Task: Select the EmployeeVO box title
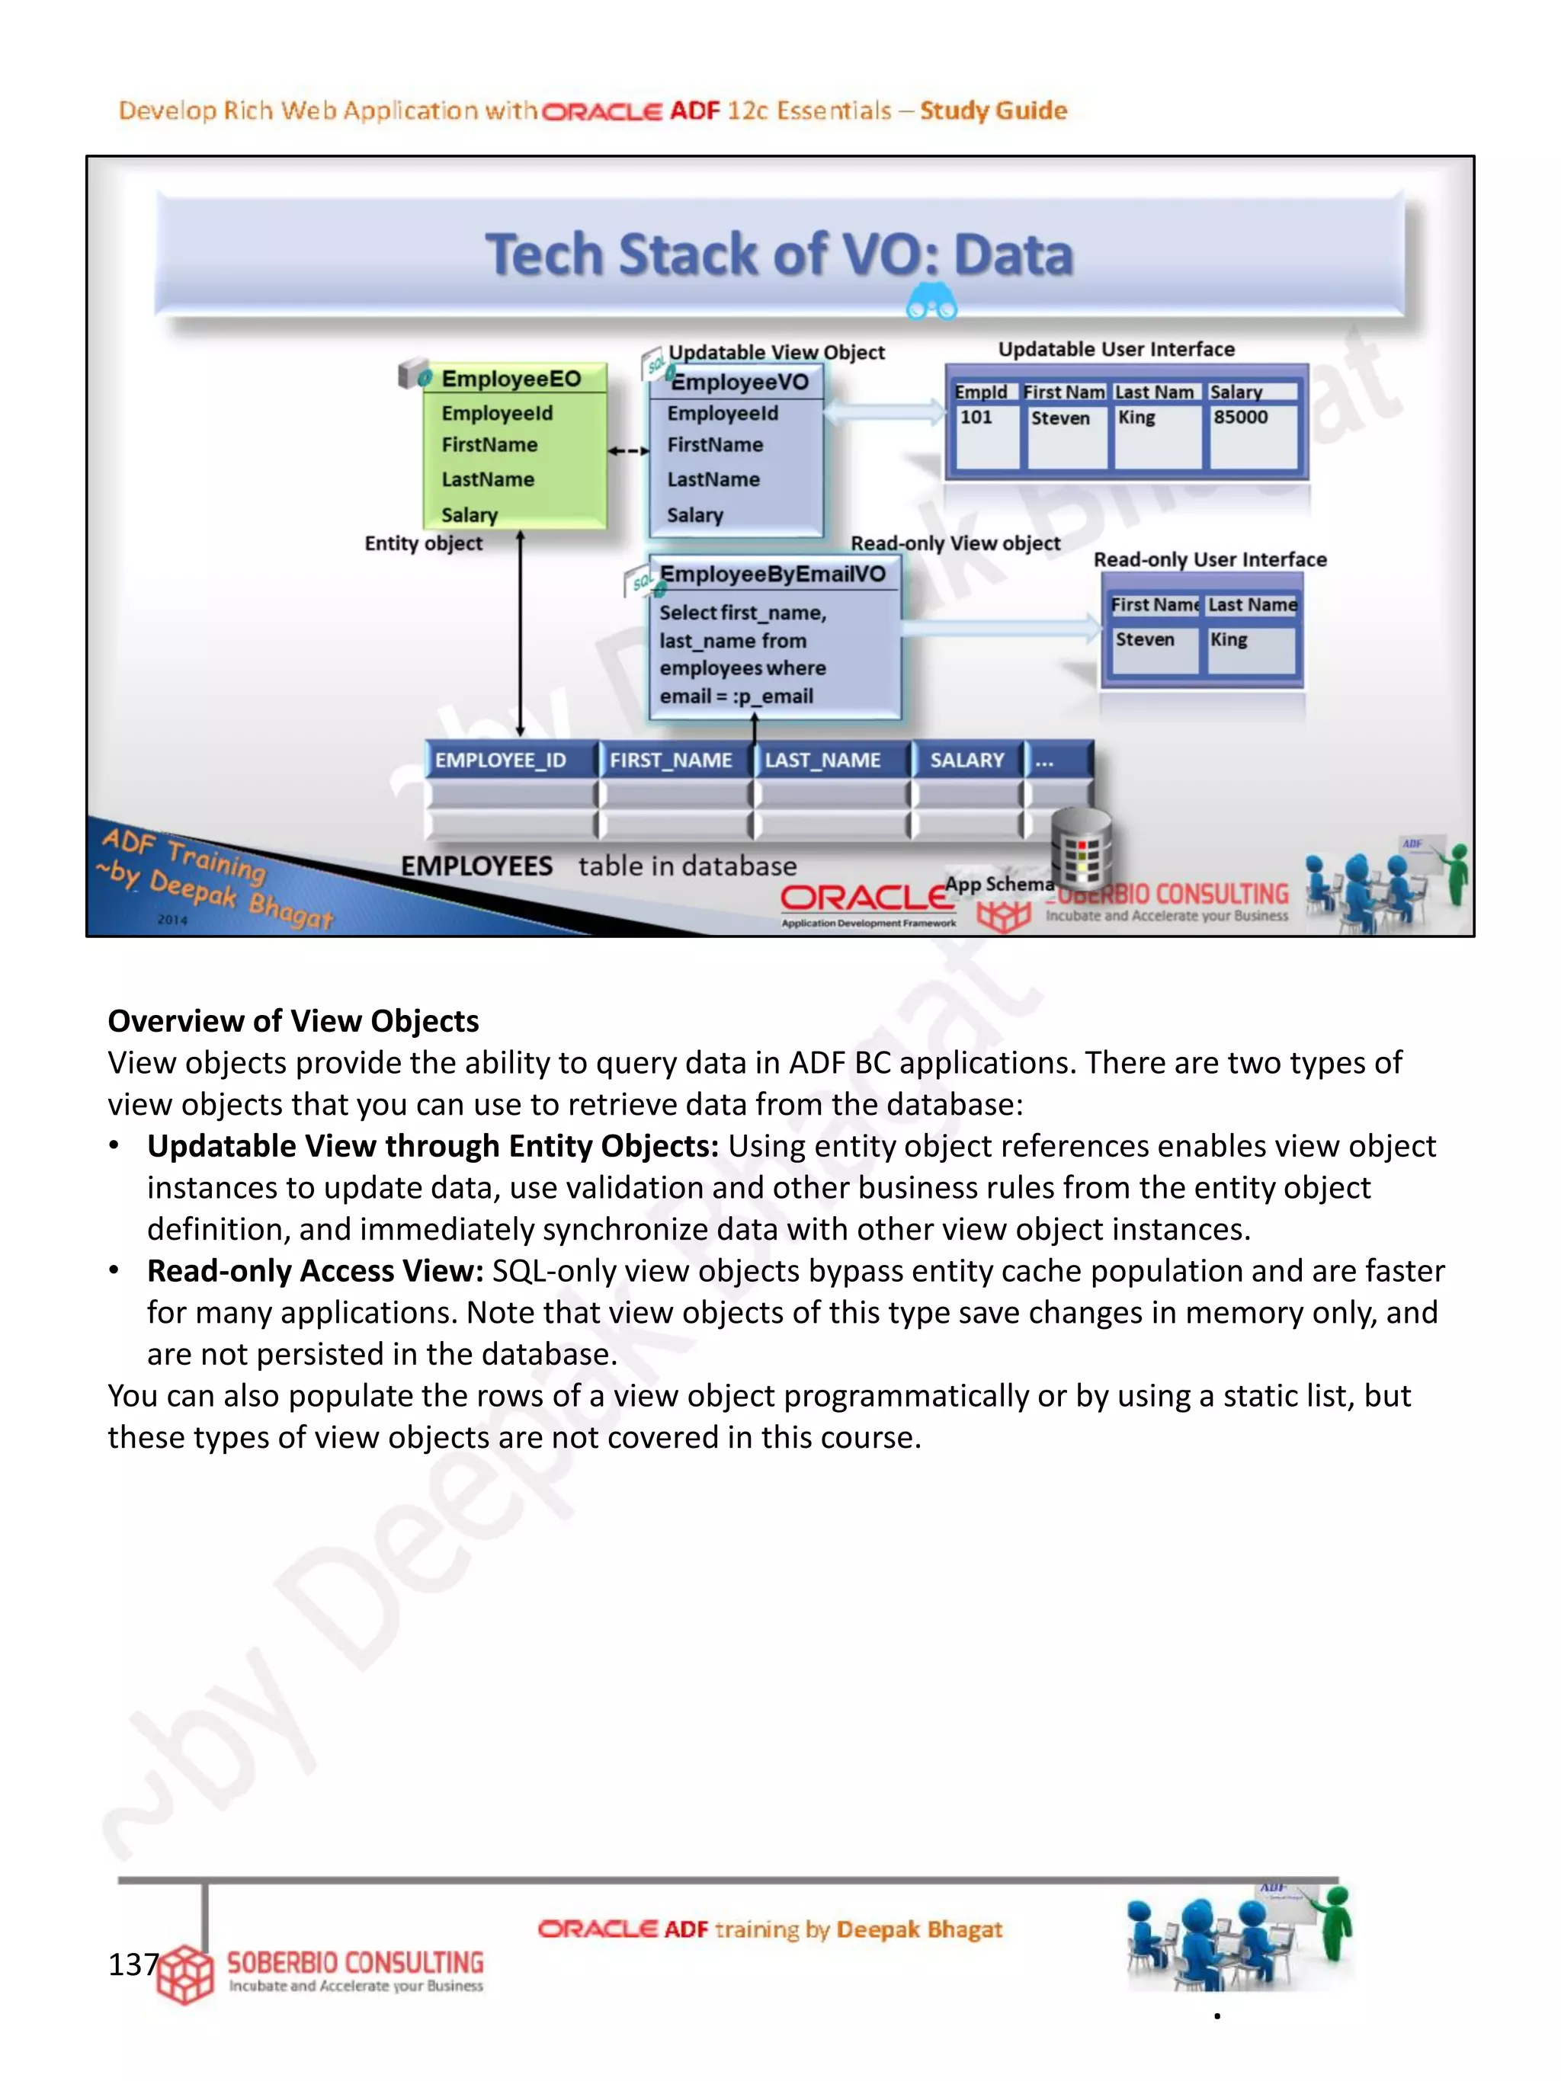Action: click(x=739, y=382)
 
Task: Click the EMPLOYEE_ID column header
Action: click(x=501, y=760)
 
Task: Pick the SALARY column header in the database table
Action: click(x=967, y=760)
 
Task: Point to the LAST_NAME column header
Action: click(x=822, y=760)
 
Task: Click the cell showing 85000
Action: click(x=1240, y=417)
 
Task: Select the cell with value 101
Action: click(x=976, y=417)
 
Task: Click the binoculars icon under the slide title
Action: click(x=931, y=303)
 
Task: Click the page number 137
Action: click(x=133, y=1964)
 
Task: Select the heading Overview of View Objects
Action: click(x=293, y=1021)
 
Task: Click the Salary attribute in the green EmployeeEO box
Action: click(x=470, y=514)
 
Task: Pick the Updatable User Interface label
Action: click(x=1116, y=349)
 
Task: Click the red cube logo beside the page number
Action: click(x=184, y=1974)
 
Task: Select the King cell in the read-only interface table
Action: click(x=1229, y=640)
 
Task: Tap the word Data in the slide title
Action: click(x=1014, y=255)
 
